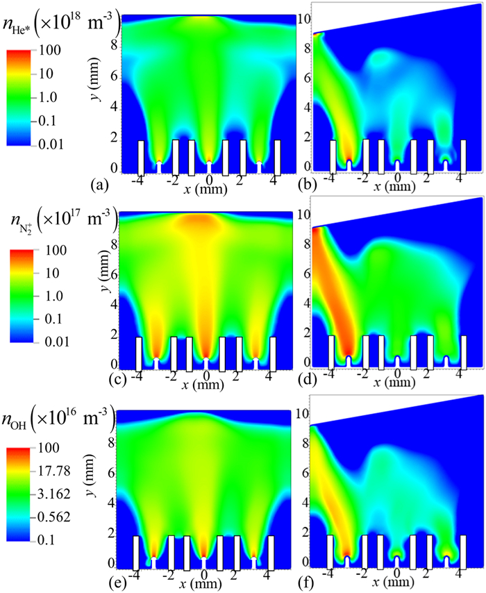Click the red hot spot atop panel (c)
click(x=206, y=224)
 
